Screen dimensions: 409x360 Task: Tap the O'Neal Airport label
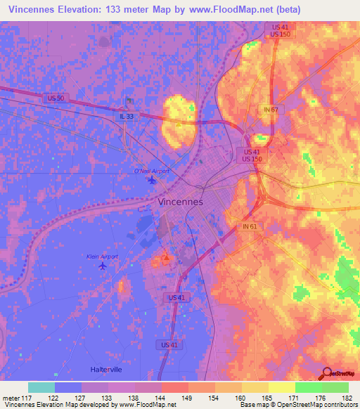(152, 171)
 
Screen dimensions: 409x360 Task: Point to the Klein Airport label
(102, 257)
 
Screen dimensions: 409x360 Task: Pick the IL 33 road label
(126, 117)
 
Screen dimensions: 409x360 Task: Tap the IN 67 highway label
(271, 110)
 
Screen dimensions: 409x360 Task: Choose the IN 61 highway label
(250, 226)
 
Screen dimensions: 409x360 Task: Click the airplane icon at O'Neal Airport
(153, 181)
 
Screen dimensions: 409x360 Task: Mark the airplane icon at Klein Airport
(104, 266)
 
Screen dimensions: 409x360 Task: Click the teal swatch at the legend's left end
(41, 387)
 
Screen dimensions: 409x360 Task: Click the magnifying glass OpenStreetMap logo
(326, 372)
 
